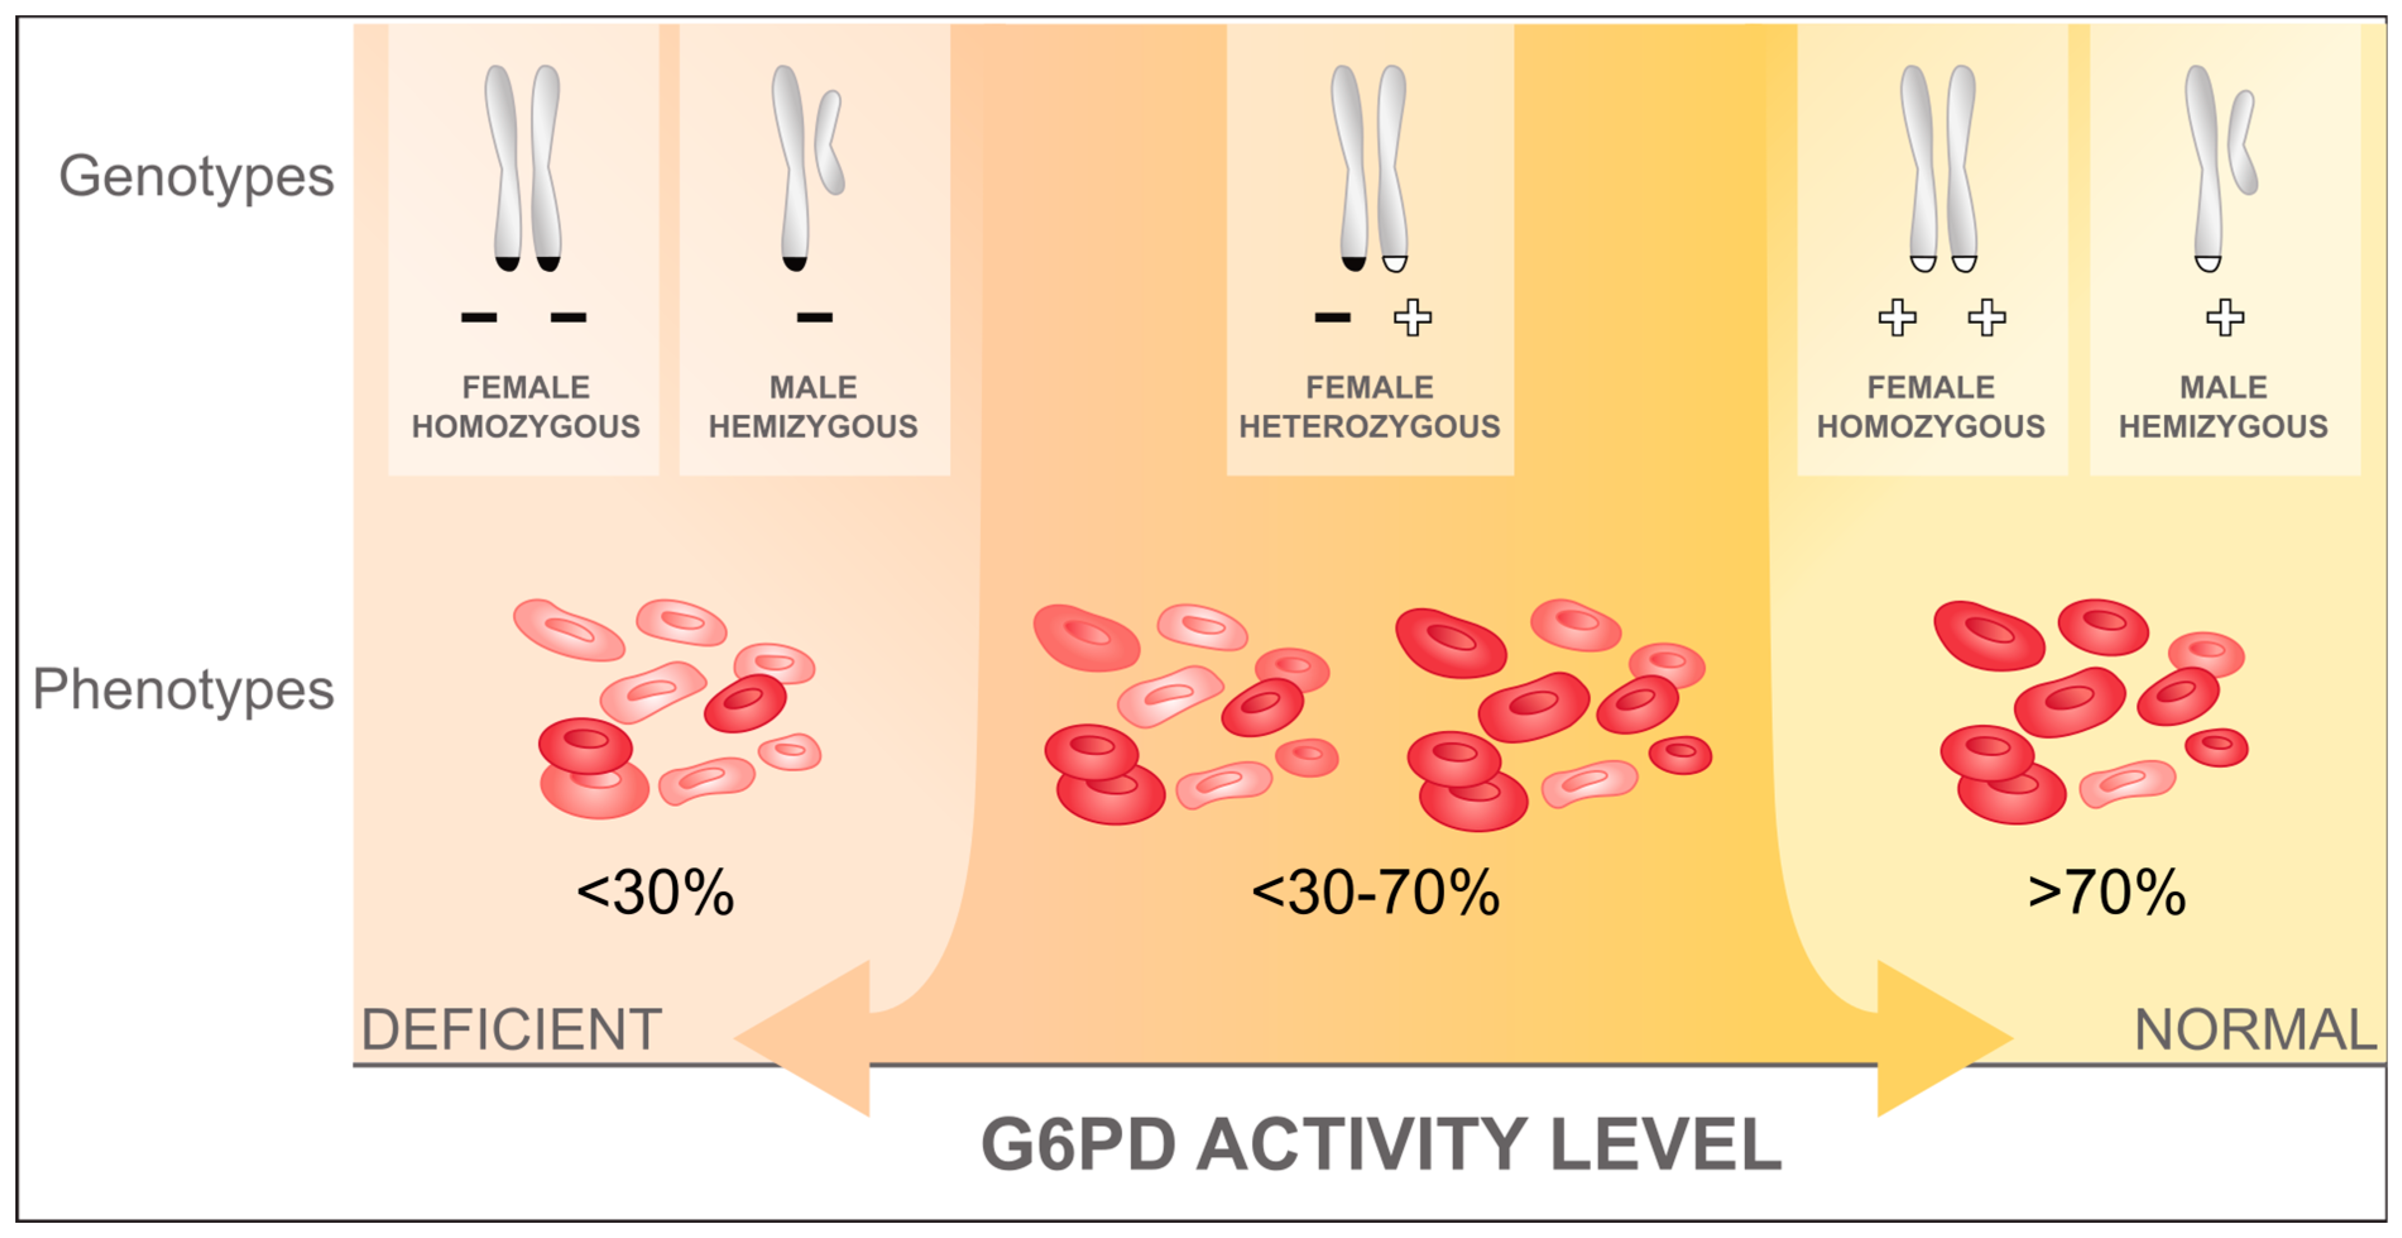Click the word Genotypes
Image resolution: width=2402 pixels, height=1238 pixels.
pyautogui.click(x=196, y=177)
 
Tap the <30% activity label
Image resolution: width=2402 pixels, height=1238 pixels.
pyautogui.click(x=656, y=893)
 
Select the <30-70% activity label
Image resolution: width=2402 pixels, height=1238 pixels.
pyautogui.click(x=1376, y=893)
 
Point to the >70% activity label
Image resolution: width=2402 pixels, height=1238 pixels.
pyautogui.click(x=2106, y=893)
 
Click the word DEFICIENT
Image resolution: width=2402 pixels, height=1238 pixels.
pyautogui.click(x=511, y=1030)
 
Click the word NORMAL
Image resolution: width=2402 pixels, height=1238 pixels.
pyautogui.click(x=2255, y=1030)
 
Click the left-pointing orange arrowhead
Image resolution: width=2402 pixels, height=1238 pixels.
pyautogui.click(x=802, y=1039)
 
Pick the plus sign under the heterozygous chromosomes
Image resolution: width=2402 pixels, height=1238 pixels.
pyautogui.click(x=1413, y=318)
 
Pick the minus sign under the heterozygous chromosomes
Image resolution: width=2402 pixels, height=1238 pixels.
pyautogui.click(x=1333, y=318)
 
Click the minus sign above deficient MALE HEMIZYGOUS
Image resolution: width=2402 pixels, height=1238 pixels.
pyautogui.click(x=814, y=318)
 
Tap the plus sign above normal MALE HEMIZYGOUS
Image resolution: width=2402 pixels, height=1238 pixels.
pyautogui.click(x=2225, y=318)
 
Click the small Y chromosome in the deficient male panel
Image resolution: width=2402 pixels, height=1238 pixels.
pyautogui.click(x=829, y=143)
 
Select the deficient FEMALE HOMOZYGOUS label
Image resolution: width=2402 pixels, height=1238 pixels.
pyautogui.click(x=526, y=407)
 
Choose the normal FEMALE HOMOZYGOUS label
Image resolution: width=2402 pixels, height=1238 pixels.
pyautogui.click(x=1931, y=407)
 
